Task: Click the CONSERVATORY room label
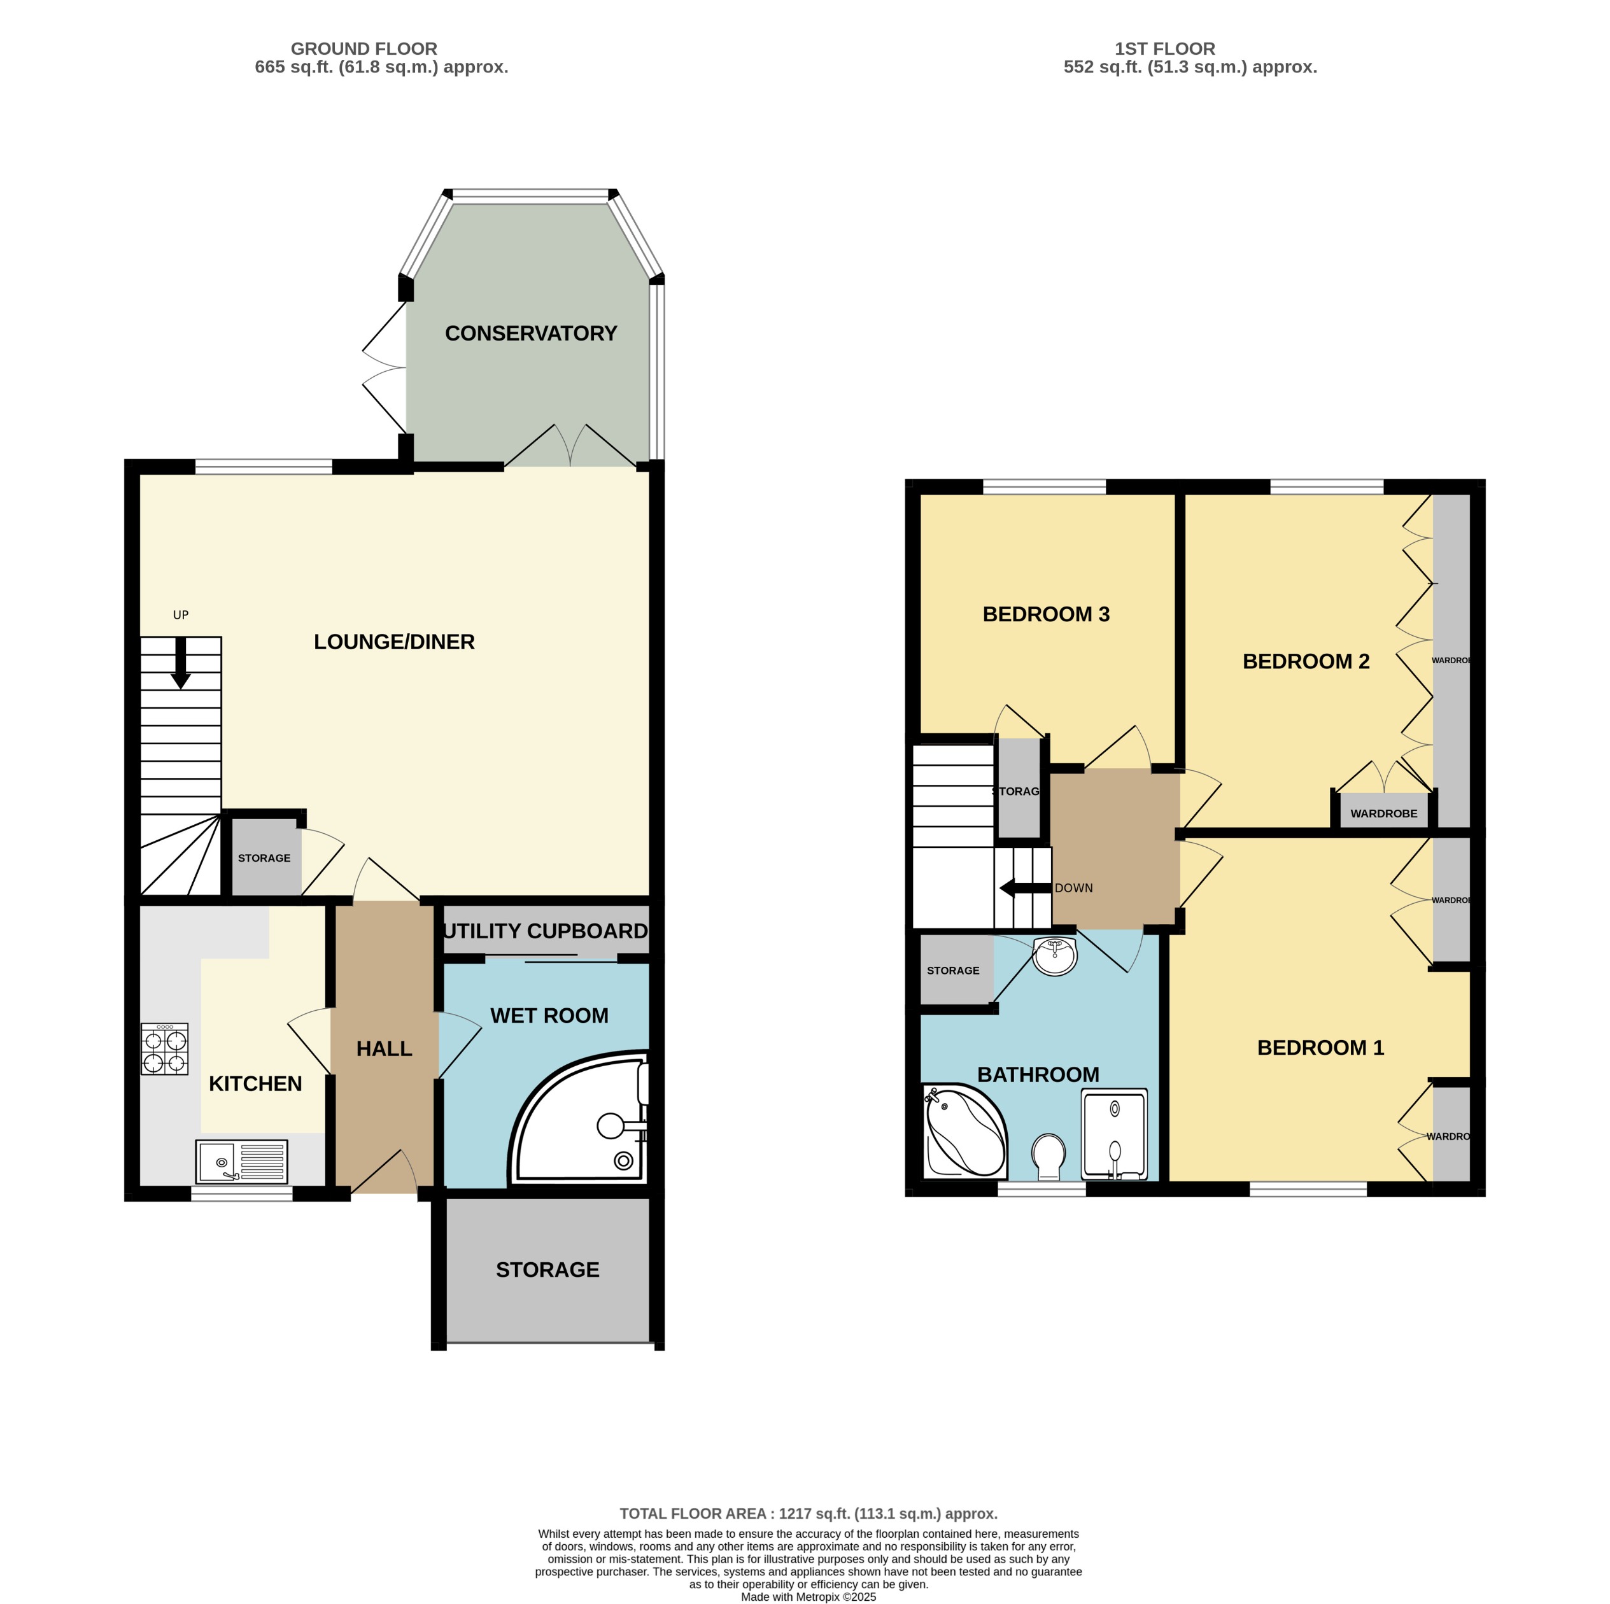coord(531,334)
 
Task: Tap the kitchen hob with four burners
coord(164,1049)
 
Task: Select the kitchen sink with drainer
coord(242,1162)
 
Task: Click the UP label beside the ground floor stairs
coord(181,615)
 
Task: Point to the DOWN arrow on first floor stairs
coord(1024,888)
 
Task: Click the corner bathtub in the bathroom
coord(965,1132)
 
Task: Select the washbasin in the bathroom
coord(1054,956)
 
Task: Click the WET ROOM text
coord(549,1016)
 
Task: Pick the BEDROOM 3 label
coord(1046,614)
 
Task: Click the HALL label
coord(384,1049)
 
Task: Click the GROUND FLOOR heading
coord(364,48)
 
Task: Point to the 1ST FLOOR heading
coord(1164,48)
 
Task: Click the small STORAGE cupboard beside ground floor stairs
coord(264,857)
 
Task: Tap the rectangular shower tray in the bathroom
coord(1114,1134)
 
